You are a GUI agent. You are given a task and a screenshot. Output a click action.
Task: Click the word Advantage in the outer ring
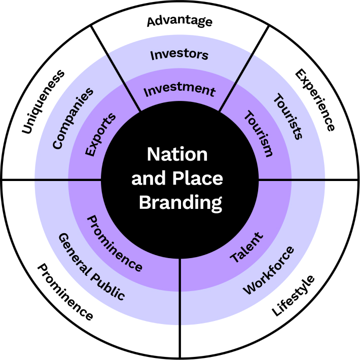pos(179,21)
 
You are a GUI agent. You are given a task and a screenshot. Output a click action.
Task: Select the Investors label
pos(179,54)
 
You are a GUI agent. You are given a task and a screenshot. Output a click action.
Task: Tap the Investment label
pos(179,90)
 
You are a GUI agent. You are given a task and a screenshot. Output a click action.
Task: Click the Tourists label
pos(288,116)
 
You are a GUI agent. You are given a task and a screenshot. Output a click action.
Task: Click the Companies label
pos(74,118)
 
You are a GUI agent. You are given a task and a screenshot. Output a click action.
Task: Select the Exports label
pos(100,134)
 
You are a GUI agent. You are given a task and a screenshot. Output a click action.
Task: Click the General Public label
pos(91,267)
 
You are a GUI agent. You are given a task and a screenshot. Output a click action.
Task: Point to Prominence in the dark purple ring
pos(115,242)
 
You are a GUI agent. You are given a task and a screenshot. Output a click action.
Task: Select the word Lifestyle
pos(294,296)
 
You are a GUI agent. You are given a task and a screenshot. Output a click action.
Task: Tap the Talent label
pos(247,248)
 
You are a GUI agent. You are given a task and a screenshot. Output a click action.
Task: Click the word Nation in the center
pos(177,154)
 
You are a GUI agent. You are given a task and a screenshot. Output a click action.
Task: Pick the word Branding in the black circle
pos(181,202)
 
